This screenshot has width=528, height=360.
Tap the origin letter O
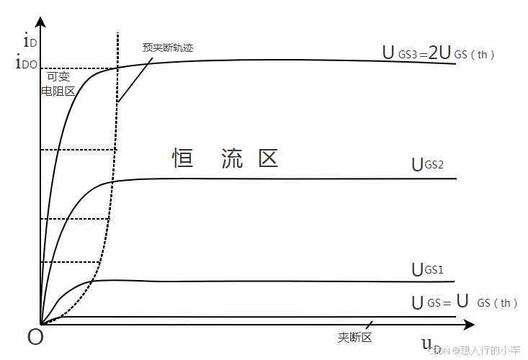click(x=35, y=336)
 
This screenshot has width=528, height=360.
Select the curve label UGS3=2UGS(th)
click(x=439, y=53)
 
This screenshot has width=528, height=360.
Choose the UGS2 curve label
click(x=427, y=165)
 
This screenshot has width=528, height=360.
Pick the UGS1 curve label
click(x=427, y=270)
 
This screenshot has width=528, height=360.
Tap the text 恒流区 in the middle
click(x=225, y=158)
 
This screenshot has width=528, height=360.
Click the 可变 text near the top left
click(x=58, y=76)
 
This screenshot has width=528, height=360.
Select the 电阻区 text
click(x=58, y=91)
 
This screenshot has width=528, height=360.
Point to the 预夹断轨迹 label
click(x=168, y=48)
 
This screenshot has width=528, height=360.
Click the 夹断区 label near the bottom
click(x=354, y=337)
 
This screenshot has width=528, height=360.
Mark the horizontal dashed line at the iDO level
click(x=79, y=69)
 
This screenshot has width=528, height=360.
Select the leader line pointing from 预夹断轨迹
click(x=135, y=79)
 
